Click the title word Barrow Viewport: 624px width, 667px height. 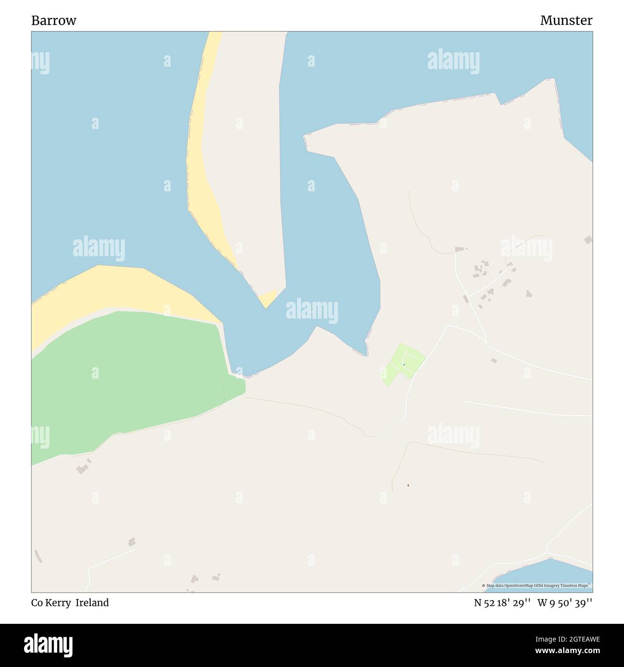[54, 21]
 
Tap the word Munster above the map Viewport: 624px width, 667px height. [566, 21]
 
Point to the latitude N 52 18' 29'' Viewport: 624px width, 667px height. [502, 603]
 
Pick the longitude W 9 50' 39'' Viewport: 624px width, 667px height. [565, 603]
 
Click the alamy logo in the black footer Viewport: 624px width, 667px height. [49, 644]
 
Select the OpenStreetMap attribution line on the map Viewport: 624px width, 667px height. [537, 586]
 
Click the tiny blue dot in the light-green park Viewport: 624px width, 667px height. [404, 365]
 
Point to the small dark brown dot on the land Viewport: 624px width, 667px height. [408, 485]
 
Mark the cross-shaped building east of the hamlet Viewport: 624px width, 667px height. [528, 293]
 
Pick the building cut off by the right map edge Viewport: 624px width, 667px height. [588, 239]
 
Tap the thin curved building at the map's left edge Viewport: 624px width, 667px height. [38, 556]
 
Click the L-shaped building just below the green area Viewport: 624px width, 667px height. [83, 467]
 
